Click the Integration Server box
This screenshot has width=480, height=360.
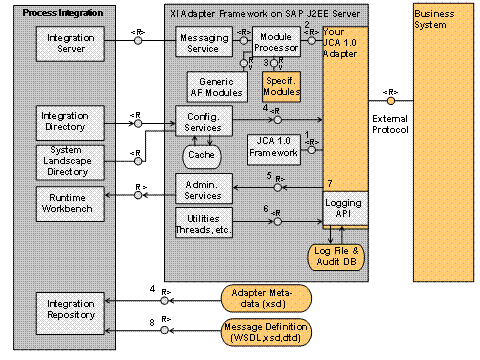65,43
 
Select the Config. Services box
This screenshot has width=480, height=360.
204,122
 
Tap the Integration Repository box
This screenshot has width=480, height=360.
65,308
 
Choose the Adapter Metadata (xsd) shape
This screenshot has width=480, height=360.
265,296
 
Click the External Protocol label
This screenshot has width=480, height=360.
389,125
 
